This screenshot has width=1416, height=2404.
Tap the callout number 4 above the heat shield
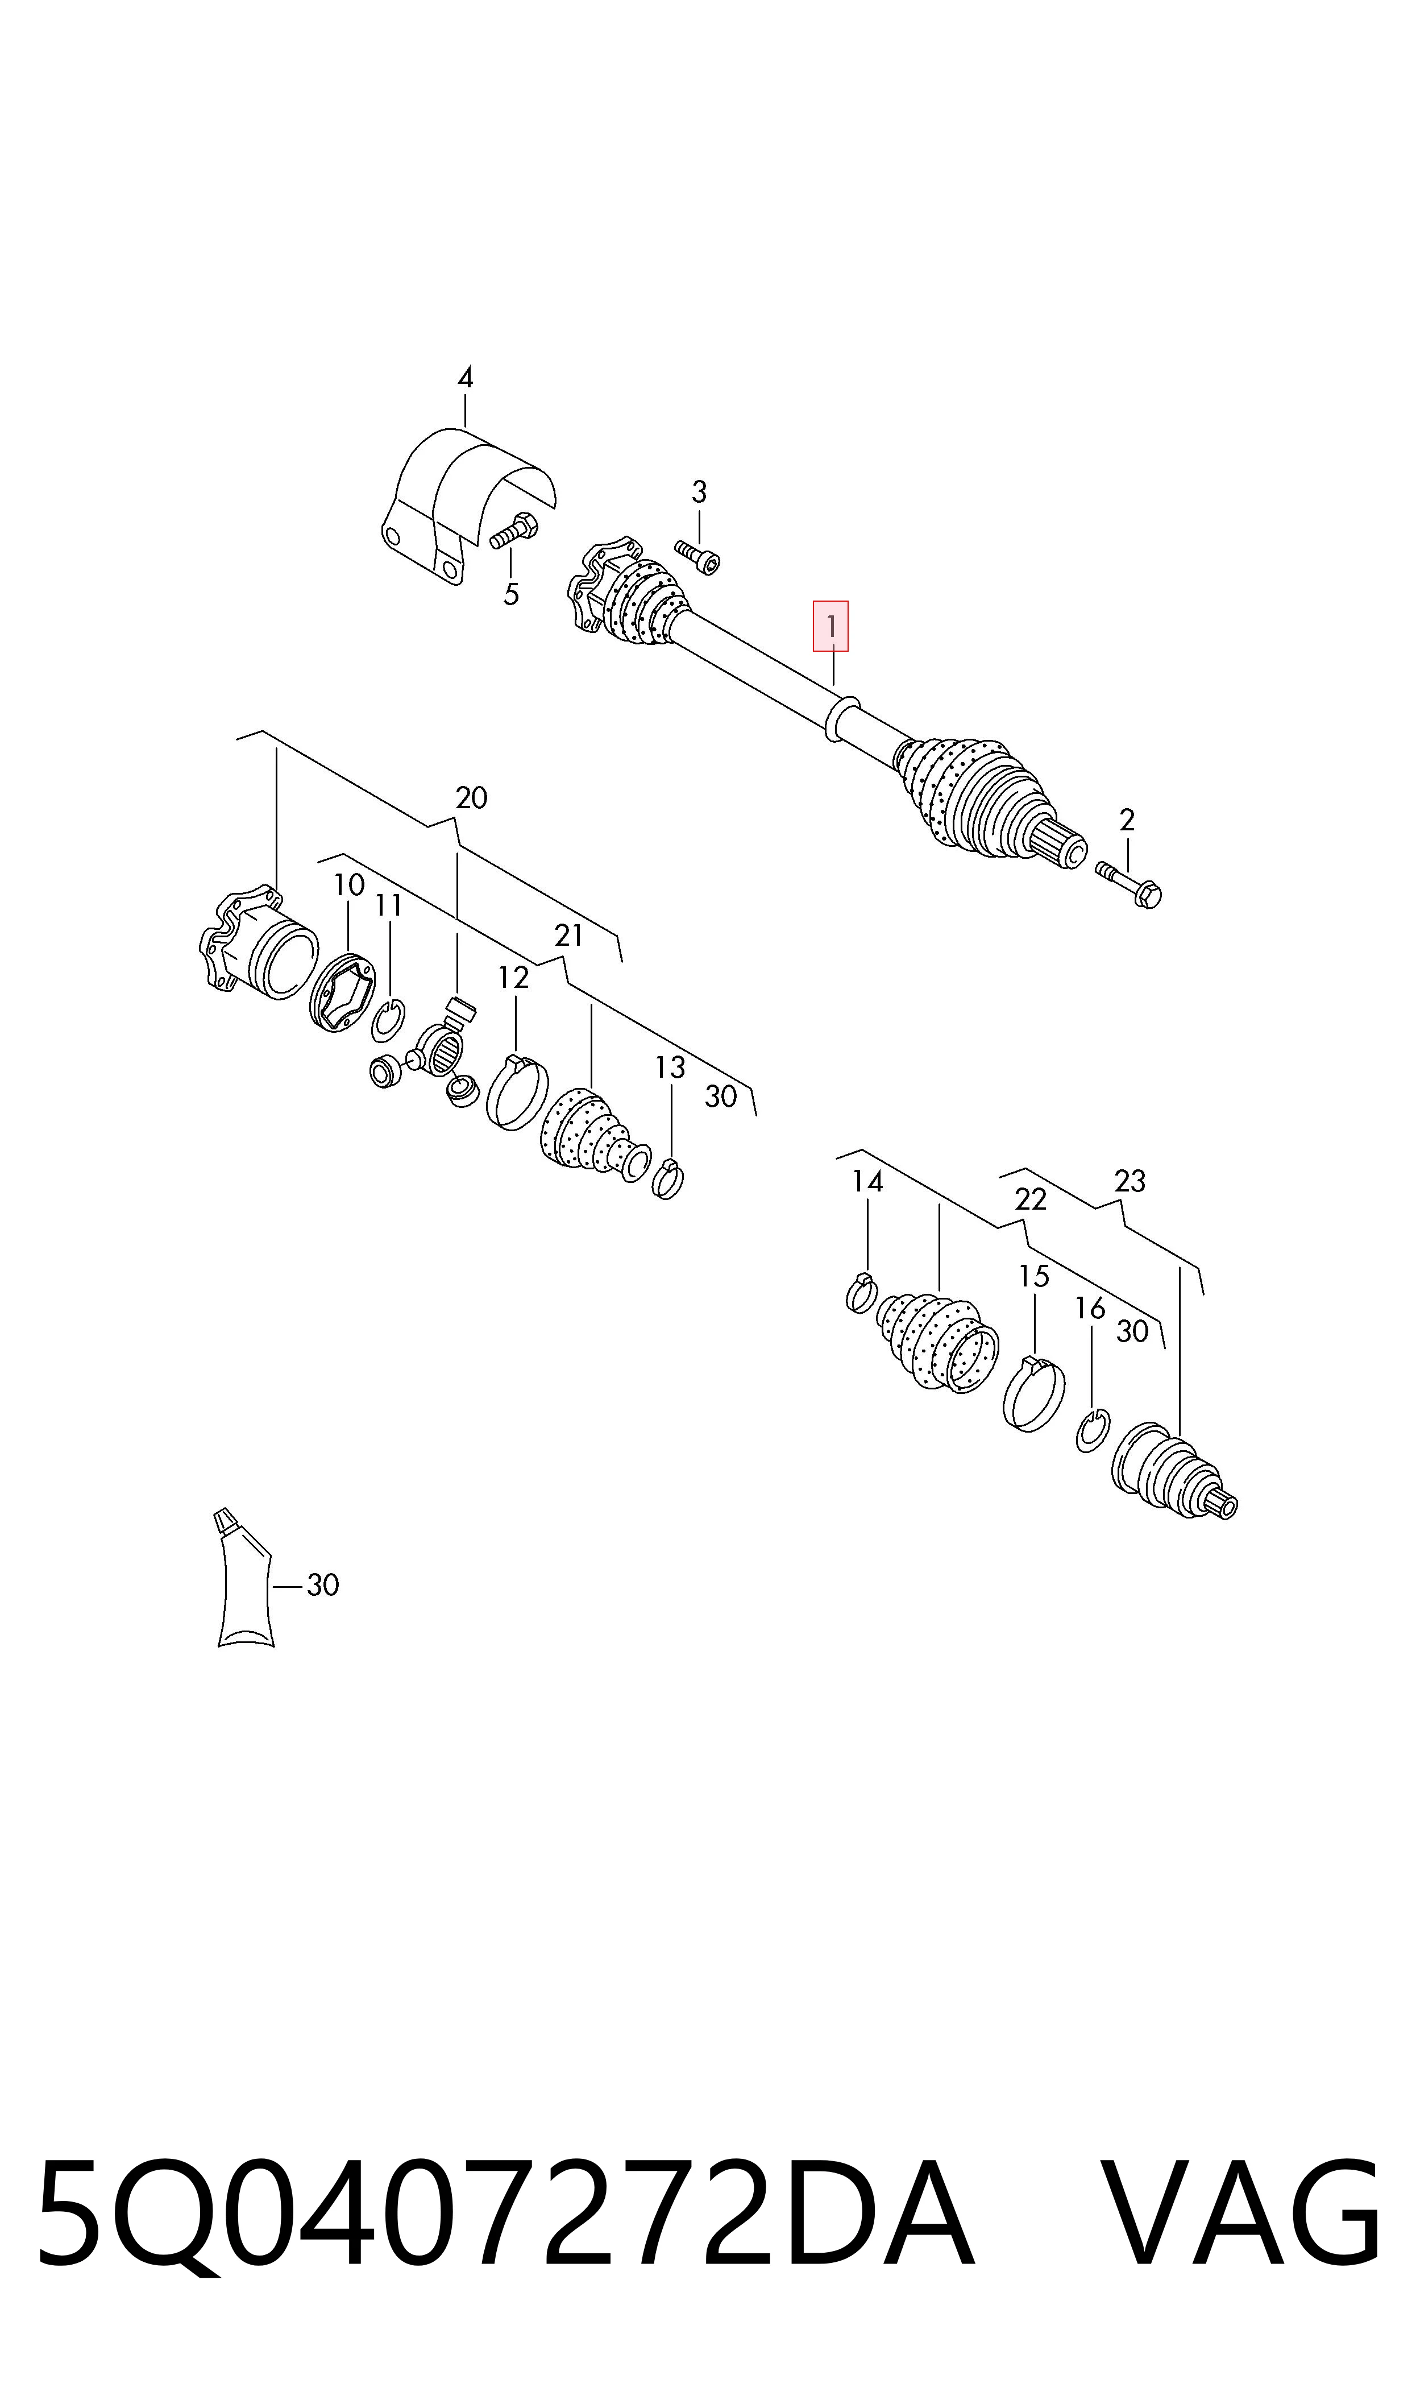[x=464, y=378]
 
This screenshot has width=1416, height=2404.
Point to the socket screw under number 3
[x=697, y=557]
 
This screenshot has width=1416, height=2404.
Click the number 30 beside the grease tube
[x=322, y=1585]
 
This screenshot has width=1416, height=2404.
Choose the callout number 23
[x=1130, y=1181]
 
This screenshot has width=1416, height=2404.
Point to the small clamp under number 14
[x=862, y=1293]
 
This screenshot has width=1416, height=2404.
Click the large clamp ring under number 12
[x=517, y=1093]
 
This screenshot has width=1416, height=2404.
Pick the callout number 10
[x=348, y=886]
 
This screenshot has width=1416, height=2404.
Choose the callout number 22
[x=1031, y=1199]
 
